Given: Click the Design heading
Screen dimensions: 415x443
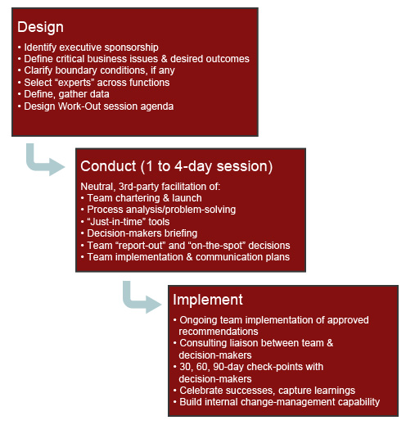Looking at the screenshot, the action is point(40,27).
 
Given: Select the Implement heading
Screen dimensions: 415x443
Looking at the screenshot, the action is point(208,300).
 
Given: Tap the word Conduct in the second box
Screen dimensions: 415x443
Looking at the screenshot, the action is point(108,166).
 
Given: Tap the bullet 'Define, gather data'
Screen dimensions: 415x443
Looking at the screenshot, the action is point(63,94).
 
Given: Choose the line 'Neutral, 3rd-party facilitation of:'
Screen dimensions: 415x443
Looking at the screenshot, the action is point(151,187).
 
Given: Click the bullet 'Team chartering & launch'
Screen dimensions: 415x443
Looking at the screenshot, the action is point(142,198).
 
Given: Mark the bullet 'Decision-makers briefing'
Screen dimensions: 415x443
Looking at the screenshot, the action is point(139,233).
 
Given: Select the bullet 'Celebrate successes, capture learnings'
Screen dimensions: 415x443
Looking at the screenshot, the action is point(264,391).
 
